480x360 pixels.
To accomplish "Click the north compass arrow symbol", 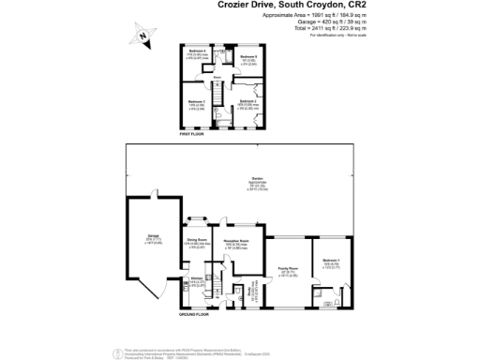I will point(141,35).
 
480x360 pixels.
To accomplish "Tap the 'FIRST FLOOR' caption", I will point(192,134).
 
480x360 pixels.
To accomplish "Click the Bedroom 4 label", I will point(197,50).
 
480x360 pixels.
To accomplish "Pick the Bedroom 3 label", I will point(196,101).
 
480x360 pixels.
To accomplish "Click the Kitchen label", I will point(198,279).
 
